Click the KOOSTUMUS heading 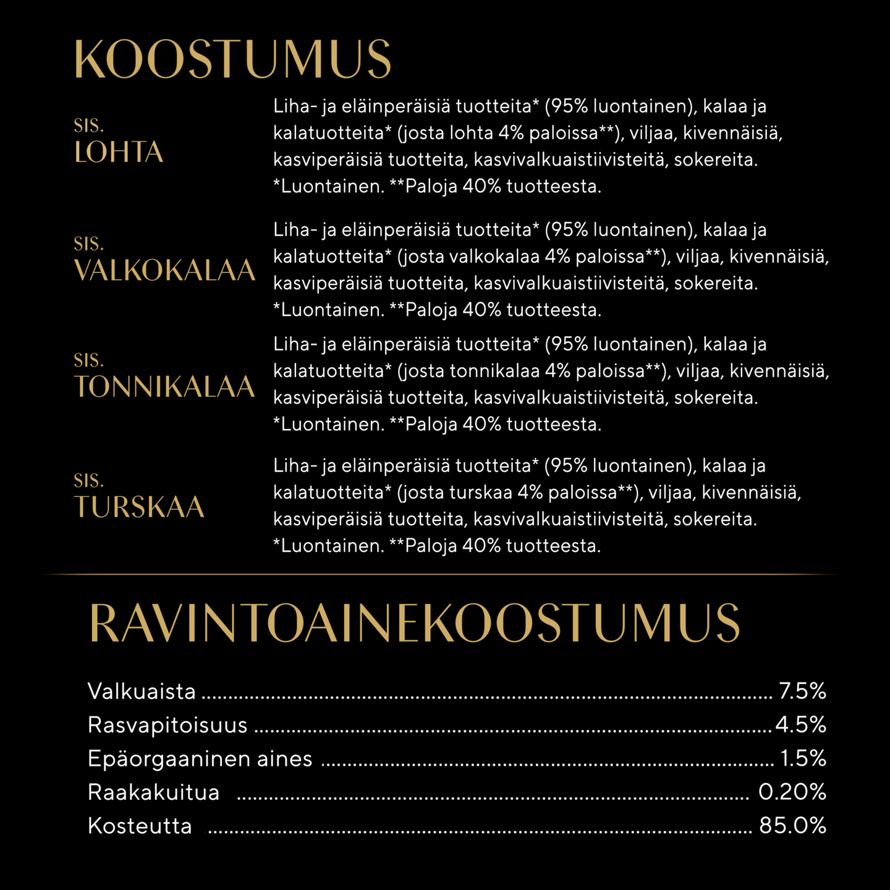point(232,60)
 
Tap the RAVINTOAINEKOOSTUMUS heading point(415,623)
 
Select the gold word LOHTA point(119,153)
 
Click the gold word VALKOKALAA point(164,270)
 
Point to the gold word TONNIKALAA point(164,387)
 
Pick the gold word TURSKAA point(139,507)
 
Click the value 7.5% point(802,691)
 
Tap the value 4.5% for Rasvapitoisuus point(801,724)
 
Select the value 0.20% point(792,792)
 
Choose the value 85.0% point(793,826)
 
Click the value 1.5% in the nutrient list point(803,758)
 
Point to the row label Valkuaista point(142,691)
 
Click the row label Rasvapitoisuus point(167,725)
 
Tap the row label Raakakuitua point(153,792)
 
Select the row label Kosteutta point(140,826)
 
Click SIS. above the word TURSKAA point(89,480)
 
